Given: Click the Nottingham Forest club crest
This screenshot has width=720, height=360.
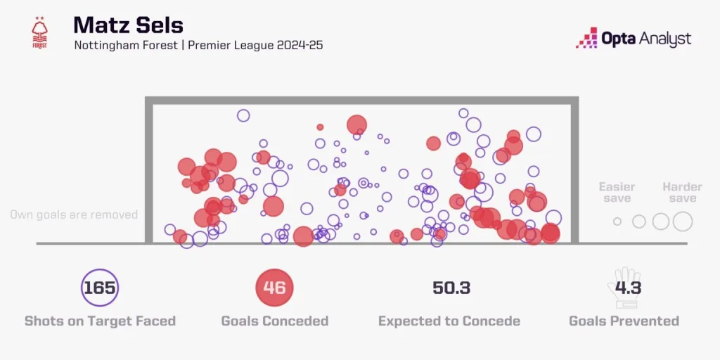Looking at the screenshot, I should [x=39, y=32].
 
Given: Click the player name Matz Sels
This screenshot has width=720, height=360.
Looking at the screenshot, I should [x=128, y=25].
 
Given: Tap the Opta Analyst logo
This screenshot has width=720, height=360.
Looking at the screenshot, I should [x=634, y=38].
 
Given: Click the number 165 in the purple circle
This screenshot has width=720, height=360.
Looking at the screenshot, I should [x=99, y=288].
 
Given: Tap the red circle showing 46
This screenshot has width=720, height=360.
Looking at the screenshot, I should [x=274, y=288].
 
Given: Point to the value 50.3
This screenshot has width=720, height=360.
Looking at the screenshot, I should [x=451, y=288].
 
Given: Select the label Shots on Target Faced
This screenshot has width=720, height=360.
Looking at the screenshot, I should [x=100, y=321].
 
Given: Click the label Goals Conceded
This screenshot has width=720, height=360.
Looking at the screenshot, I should [x=275, y=321].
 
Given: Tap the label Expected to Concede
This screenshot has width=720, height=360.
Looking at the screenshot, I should [x=449, y=321].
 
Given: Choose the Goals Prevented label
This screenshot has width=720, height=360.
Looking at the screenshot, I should [x=624, y=321].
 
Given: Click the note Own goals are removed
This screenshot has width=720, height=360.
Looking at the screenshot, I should [x=74, y=214].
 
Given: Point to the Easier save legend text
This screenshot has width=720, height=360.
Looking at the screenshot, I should [x=617, y=193].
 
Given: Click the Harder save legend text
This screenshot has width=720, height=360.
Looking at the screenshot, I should [x=682, y=193].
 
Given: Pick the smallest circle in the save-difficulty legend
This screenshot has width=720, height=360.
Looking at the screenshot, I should [x=617, y=221].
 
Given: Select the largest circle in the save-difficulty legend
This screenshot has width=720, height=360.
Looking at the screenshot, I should [x=683, y=221].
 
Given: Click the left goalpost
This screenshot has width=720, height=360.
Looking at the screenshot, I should [x=148, y=172].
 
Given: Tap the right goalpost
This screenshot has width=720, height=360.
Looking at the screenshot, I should [x=574, y=172].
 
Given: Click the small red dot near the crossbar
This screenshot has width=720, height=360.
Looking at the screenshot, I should [x=320, y=127].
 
